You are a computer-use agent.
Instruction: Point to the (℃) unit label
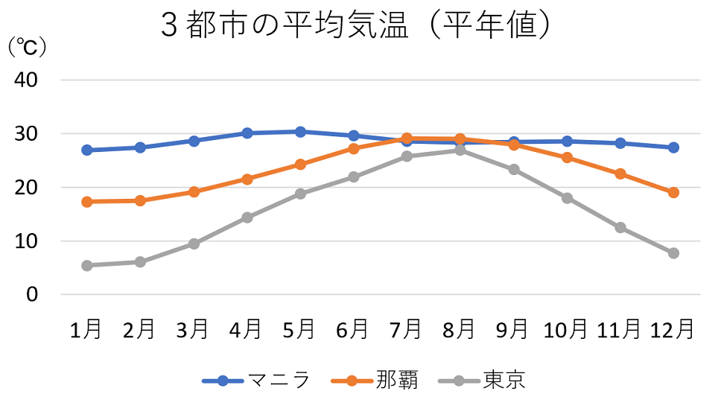click(27, 48)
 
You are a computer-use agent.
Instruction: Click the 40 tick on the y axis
click(27, 80)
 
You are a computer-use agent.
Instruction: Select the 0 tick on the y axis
click(32, 294)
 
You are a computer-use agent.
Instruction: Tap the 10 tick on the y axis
click(27, 241)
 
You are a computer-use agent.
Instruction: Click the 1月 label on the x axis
click(86, 328)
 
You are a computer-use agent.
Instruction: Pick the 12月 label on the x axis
click(673, 328)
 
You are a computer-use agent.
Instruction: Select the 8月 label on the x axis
click(460, 328)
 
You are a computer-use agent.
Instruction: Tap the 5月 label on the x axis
click(299, 328)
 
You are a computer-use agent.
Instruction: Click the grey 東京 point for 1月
click(87, 265)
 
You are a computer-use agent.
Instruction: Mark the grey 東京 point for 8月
click(460, 150)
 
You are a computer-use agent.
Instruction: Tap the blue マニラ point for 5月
click(300, 132)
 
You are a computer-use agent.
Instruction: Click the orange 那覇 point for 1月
click(87, 202)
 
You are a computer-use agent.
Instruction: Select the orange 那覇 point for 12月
click(673, 192)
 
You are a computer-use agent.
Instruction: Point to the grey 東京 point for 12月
click(673, 253)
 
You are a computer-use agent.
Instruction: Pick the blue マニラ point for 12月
click(673, 147)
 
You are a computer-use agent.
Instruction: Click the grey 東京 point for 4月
click(247, 217)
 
